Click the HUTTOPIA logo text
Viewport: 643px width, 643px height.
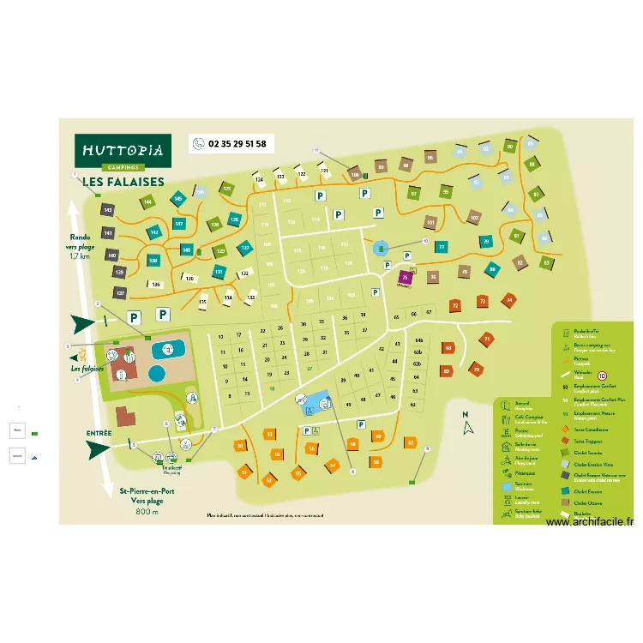[x=122, y=149]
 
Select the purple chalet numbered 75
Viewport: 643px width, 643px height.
[x=406, y=276]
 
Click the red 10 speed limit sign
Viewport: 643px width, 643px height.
[x=602, y=376]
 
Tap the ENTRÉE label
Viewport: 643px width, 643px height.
[x=99, y=433]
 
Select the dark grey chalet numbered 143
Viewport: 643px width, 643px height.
[x=108, y=209]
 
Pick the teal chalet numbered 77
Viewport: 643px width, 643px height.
[x=442, y=247]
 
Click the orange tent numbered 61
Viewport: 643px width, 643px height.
[x=412, y=443]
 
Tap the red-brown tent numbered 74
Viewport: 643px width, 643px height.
[x=510, y=300]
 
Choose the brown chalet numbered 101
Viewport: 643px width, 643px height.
[x=430, y=223]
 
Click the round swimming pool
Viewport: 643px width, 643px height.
[x=157, y=374]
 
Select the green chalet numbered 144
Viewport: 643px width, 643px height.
[x=147, y=202]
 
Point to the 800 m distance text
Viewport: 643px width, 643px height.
[x=147, y=512]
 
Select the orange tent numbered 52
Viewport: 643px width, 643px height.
[x=268, y=480]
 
